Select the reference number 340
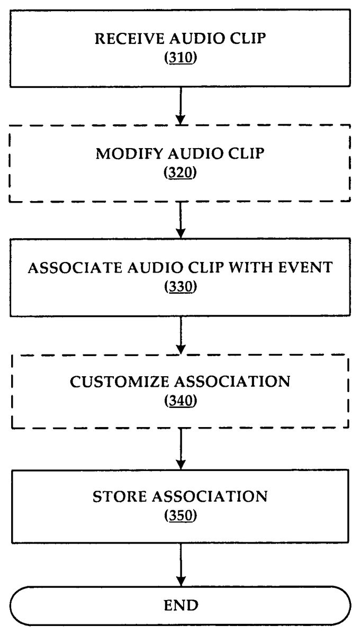tap(181, 401)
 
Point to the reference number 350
tap(181, 515)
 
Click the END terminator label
tap(181, 605)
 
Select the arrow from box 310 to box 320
tap(181, 105)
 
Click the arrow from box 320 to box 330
tap(181, 221)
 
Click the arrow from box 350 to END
tap(181, 564)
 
